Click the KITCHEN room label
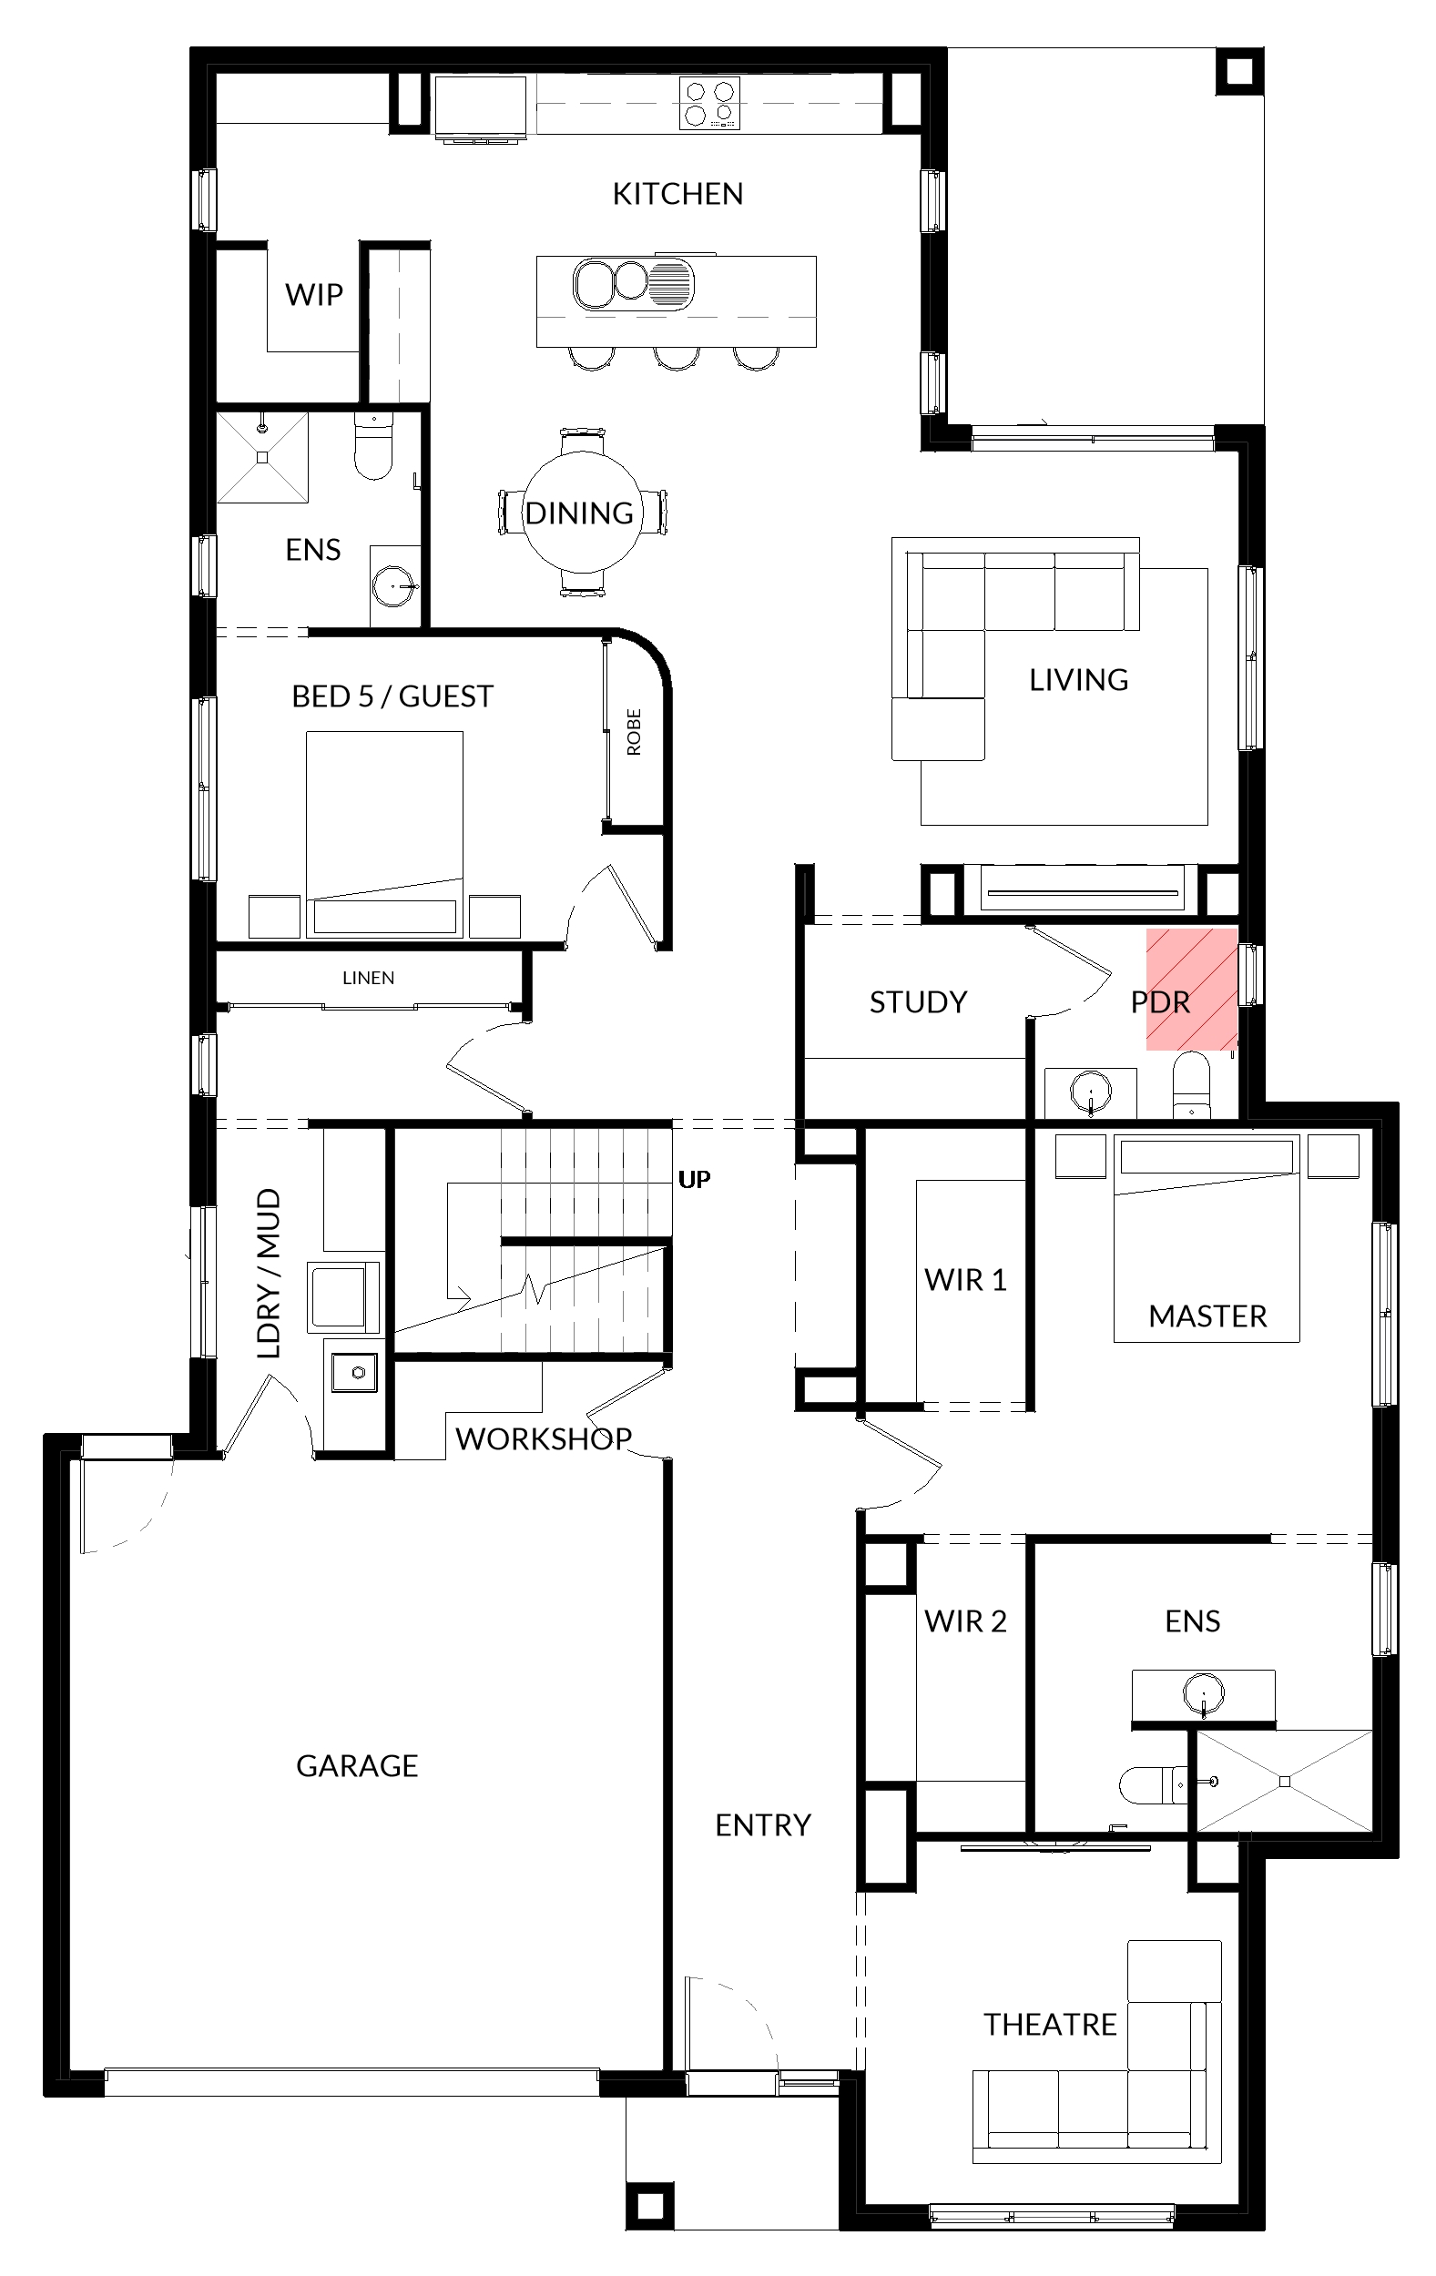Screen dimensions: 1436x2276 [x=677, y=194]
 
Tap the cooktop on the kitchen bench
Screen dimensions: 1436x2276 [x=709, y=103]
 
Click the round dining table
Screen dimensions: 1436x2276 [x=584, y=513]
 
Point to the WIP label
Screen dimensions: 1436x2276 [x=314, y=295]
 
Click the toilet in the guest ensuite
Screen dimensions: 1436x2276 [x=373, y=446]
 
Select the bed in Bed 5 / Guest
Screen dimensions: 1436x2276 [x=385, y=834]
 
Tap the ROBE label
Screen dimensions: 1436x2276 [x=634, y=732]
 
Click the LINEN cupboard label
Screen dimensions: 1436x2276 [x=368, y=978]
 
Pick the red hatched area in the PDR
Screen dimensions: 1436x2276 [x=1191, y=989]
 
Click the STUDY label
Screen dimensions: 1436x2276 [x=918, y=1001]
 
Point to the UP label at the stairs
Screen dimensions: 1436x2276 [x=694, y=1179]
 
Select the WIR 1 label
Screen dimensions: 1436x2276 [x=965, y=1280]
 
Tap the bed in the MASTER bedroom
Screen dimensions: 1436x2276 [x=1207, y=1238]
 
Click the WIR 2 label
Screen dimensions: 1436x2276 [x=965, y=1621]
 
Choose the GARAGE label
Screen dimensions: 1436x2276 [x=356, y=1765]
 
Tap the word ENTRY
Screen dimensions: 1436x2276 [x=763, y=1825]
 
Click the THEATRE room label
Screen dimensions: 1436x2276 [x=1049, y=2025]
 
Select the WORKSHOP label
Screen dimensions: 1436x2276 [x=544, y=1438]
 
